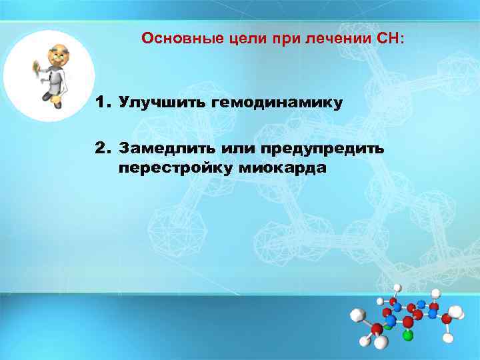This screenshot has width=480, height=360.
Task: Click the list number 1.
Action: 101,103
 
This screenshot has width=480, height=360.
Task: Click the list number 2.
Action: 101,147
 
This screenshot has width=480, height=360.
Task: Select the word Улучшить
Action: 161,103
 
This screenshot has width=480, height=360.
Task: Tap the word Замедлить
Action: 164,147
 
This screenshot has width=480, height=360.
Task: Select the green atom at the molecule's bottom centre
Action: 407,335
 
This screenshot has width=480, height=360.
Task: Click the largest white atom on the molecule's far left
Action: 359,315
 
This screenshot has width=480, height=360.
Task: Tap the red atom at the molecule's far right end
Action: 446,319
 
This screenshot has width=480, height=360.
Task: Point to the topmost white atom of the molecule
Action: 397,287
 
